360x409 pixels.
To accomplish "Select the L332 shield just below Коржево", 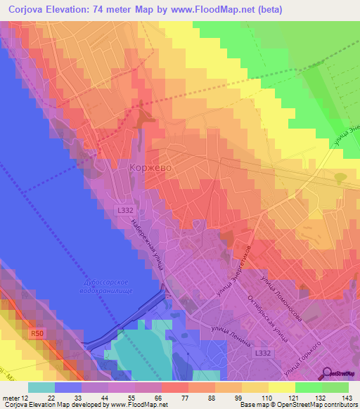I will coord(124,210).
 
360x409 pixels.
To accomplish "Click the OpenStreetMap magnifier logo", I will coord(328,373).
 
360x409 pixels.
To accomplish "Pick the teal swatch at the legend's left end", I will coord(41,387).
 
